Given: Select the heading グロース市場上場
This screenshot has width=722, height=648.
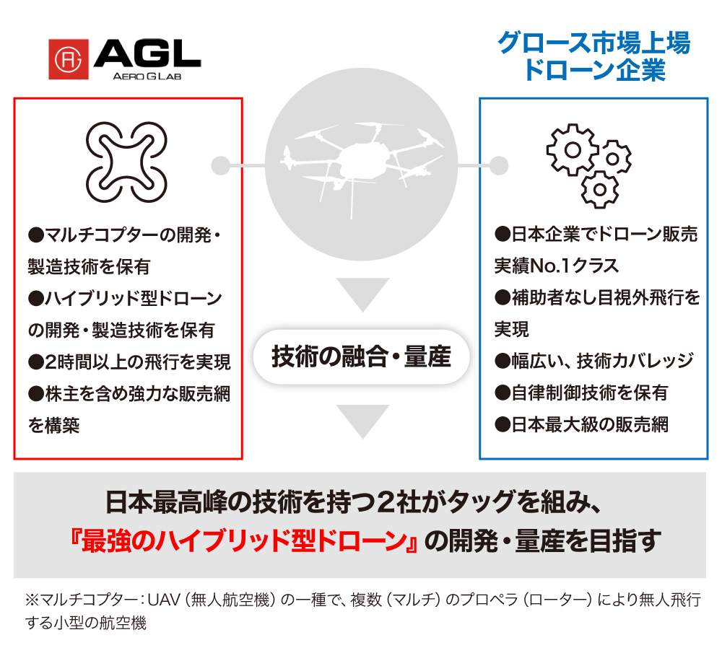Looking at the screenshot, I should (x=593, y=43).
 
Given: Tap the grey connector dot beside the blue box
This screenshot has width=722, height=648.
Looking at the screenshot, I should (x=497, y=163).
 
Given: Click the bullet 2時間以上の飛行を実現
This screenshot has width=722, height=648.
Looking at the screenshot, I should (x=130, y=362).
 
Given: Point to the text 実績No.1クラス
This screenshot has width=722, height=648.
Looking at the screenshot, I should (x=557, y=266).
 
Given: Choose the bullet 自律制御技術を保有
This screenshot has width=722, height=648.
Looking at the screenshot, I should (x=582, y=393).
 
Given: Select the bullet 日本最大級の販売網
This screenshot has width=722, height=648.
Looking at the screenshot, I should (x=582, y=424).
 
